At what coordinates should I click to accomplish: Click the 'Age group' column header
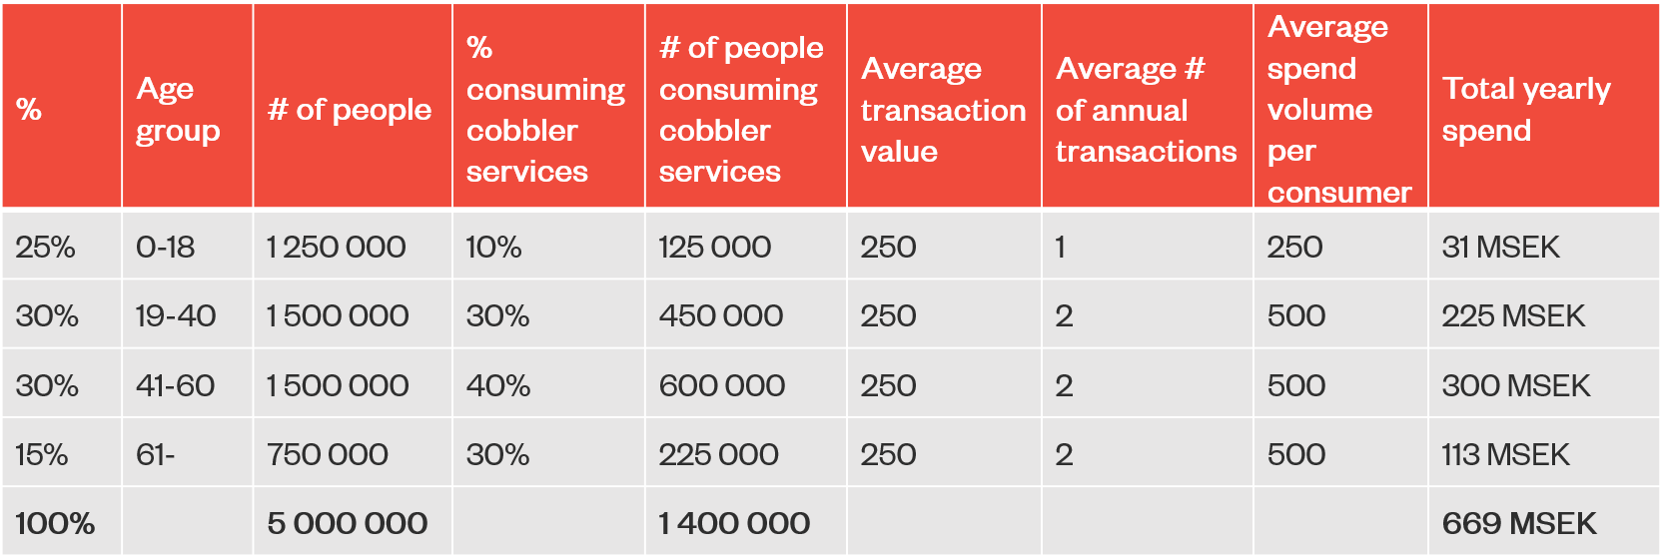[x=178, y=110]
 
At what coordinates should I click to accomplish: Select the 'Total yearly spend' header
[x=1526, y=110]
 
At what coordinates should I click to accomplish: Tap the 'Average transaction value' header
[x=943, y=110]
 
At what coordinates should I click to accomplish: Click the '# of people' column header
[x=350, y=110]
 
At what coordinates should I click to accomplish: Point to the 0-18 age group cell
[x=166, y=247]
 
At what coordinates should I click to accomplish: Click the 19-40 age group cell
[x=176, y=316]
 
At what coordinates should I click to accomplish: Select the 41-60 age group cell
[x=176, y=385]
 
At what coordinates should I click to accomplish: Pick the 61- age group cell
[x=156, y=455]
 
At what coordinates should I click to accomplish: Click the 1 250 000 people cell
[x=337, y=247]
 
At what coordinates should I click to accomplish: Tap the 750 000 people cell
[x=328, y=455]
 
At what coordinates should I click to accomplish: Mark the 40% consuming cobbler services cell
[x=498, y=385]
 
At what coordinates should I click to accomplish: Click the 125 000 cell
[x=715, y=247]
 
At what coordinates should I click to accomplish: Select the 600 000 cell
[x=722, y=385]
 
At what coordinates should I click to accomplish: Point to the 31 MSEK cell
[x=1500, y=247]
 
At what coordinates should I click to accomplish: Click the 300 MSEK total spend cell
[x=1516, y=385]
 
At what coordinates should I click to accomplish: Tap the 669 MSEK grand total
[x=1519, y=523]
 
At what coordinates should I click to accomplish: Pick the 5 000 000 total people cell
[x=348, y=523]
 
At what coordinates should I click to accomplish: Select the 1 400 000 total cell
[x=734, y=523]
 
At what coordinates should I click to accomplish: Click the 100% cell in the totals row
[x=55, y=523]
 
